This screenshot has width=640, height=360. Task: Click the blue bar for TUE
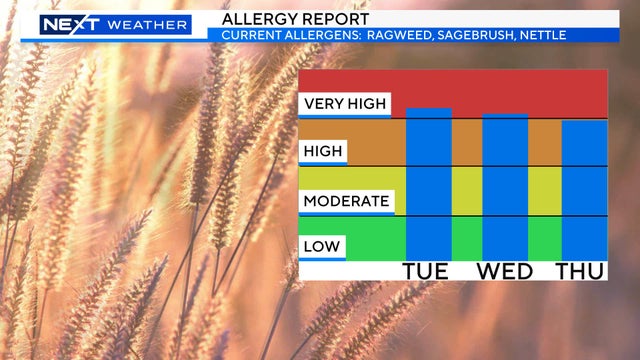click(x=429, y=184)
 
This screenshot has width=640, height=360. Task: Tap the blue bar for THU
click(x=584, y=190)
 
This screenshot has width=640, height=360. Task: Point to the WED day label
click(x=506, y=271)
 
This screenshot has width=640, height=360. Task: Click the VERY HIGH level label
click(x=345, y=103)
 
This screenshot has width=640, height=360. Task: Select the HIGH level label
click(x=323, y=152)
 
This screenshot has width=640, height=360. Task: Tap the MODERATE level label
click(x=346, y=201)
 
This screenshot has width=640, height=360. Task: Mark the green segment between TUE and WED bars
click(x=467, y=238)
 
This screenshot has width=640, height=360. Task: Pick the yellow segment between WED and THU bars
click(x=544, y=190)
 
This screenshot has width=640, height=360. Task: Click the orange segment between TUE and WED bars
click(x=467, y=142)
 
